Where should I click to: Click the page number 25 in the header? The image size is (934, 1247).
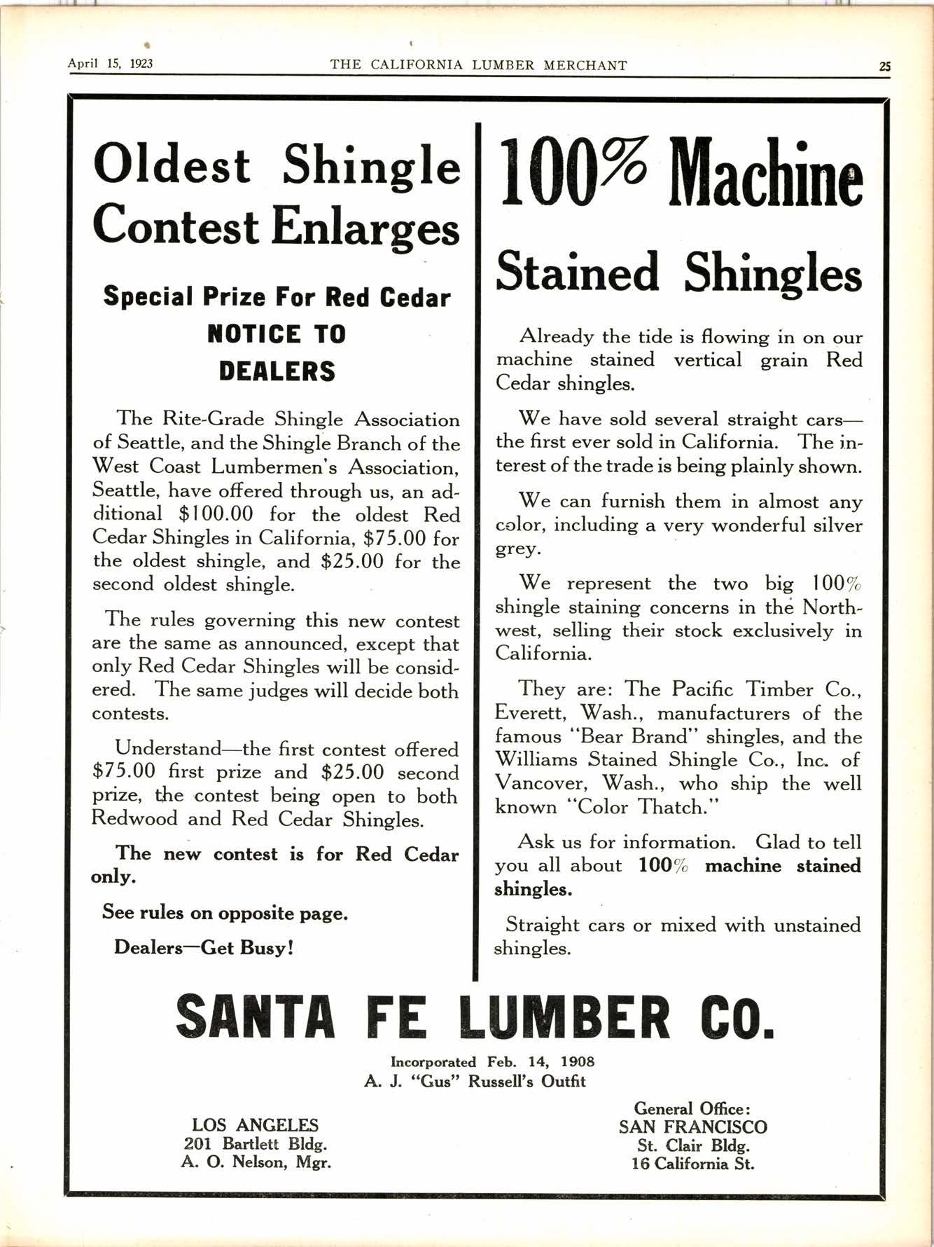(x=885, y=67)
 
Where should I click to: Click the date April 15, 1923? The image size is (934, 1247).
(x=110, y=64)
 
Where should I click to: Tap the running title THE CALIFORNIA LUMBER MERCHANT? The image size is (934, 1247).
(x=478, y=65)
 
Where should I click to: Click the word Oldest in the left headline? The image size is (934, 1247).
(x=172, y=165)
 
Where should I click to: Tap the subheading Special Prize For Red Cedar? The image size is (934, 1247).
(x=277, y=297)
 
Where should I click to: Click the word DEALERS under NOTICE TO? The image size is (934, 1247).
(x=277, y=371)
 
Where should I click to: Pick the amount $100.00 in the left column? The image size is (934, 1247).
(x=216, y=514)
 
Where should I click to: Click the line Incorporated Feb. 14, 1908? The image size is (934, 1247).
(x=492, y=1061)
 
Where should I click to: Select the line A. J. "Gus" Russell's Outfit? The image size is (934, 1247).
(x=475, y=1081)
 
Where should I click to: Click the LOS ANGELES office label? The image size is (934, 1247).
(x=255, y=1125)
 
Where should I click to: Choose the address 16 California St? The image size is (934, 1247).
(x=692, y=1164)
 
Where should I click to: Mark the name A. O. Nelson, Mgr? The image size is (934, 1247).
(x=256, y=1162)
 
